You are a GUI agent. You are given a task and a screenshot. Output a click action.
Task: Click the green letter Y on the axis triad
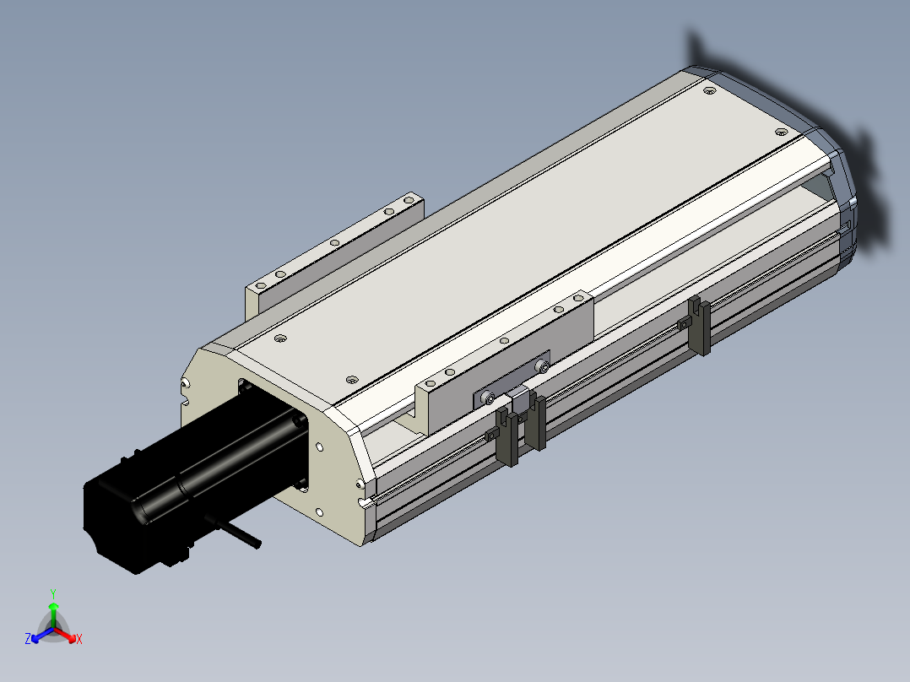click(x=53, y=593)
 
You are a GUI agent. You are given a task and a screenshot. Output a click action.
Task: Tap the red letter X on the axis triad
click(x=79, y=639)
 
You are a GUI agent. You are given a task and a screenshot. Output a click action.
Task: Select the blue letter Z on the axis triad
click(x=28, y=638)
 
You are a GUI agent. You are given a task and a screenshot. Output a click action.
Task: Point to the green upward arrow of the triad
click(x=53, y=615)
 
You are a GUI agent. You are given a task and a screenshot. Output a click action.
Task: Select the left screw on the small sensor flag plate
click(x=489, y=398)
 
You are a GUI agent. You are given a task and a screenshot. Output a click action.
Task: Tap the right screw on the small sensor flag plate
click(x=544, y=366)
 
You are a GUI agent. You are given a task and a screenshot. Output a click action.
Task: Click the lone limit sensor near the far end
click(x=700, y=325)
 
